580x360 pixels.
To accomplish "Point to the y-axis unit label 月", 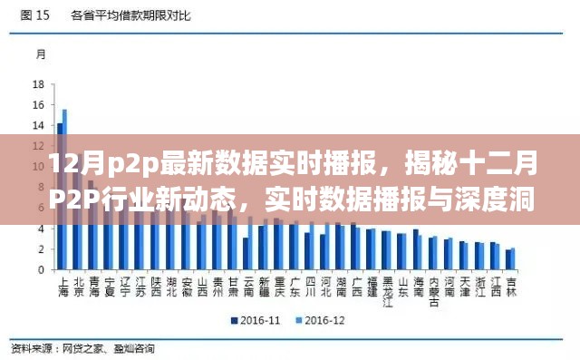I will point(41,54).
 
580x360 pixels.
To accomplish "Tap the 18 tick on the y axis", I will point(39,84).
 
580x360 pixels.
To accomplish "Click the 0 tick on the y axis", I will point(42,270).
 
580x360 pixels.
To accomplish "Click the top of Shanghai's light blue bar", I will point(64,111).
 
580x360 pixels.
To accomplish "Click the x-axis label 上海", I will point(63,287).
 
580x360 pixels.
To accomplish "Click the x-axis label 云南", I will point(247,287).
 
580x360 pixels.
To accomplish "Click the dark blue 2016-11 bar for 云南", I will point(245,254).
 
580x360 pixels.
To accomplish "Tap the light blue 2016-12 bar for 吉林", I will point(513,259).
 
